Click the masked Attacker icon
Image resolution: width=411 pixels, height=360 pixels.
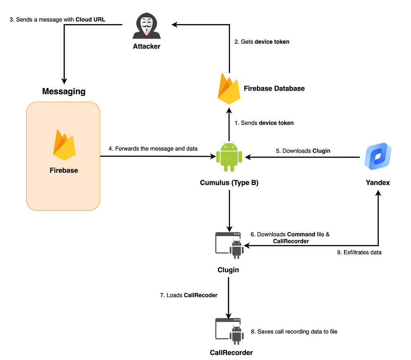(146, 26)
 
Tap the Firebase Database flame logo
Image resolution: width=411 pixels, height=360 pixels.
(229, 89)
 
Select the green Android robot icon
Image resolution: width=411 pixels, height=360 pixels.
(229, 157)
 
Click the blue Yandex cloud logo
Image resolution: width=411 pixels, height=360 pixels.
(378, 156)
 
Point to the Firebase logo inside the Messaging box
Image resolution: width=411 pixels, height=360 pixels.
(64, 145)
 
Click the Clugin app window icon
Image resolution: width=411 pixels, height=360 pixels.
(229, 245)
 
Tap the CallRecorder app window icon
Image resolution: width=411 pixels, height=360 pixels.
(229, 331)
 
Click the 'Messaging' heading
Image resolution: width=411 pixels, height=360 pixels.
(64, 91)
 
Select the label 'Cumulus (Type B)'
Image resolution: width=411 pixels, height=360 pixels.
(229, 182)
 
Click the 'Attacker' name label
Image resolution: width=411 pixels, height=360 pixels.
(146, 47)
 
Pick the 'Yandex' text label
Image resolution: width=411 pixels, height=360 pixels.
(378, 182)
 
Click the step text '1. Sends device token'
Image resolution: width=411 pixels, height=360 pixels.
(264, 123)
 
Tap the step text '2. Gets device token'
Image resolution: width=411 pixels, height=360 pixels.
(262, 42)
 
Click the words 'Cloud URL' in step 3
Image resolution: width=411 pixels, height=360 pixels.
(90, 19)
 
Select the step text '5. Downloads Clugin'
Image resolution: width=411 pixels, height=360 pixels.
(303, 151)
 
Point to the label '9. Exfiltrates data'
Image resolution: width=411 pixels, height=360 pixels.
(359, 252)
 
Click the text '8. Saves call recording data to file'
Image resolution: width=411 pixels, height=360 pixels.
(294, 332)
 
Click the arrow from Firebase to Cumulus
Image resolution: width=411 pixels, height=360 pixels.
(158, 156)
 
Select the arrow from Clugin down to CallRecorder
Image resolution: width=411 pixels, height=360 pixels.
(228, 298)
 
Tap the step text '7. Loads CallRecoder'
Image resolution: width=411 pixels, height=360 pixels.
(189, 295)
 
